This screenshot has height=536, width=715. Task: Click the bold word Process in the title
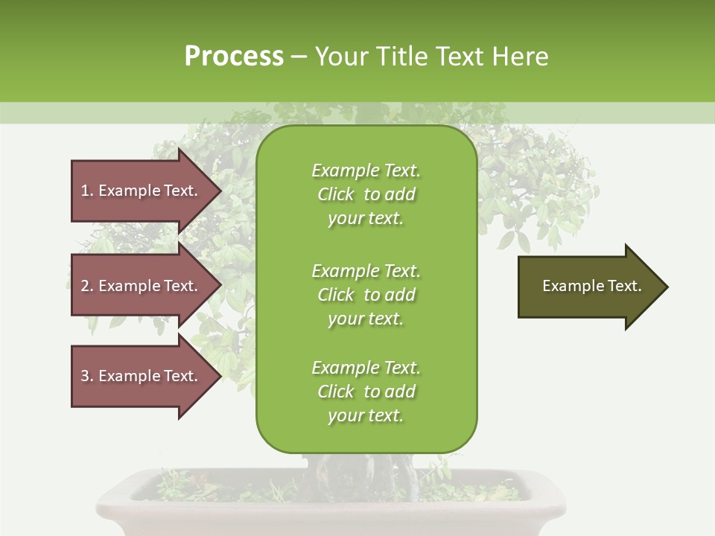[234, 57]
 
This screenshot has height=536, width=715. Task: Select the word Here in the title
[518, 57]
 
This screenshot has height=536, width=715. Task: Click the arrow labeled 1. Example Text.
[142, 191]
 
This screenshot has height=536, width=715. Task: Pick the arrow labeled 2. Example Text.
[142, 286]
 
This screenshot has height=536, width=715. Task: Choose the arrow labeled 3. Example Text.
[142, 376]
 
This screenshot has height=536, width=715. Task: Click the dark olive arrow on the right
[588, 287]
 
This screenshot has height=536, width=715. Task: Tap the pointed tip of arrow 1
[220, 191]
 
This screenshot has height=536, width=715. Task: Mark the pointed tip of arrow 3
[220, 376]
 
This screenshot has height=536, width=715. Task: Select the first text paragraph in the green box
[366, 194]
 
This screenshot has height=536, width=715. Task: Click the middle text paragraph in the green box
[366, 295]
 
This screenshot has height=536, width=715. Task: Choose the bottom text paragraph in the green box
[366, 392]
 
